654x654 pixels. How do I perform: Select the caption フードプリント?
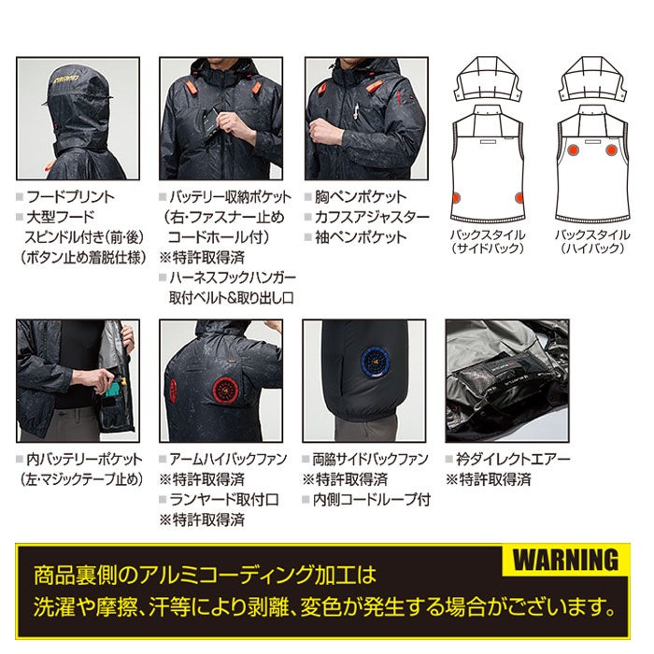[70, 197]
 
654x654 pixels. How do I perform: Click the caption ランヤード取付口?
[220, 499]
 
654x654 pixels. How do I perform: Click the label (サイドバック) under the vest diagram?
[487, 249]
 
